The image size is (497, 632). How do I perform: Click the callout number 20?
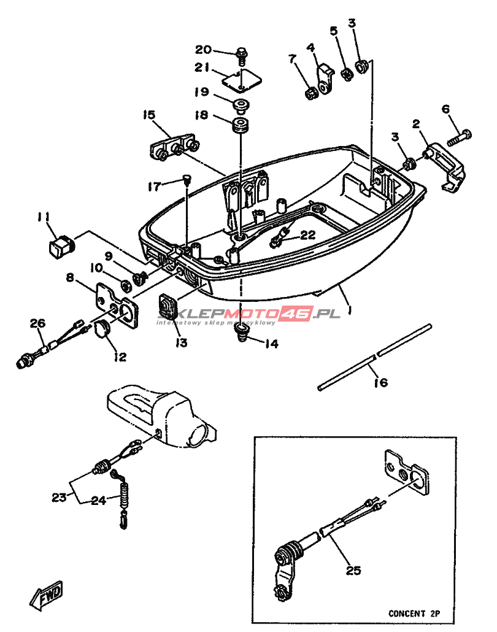(204, 50)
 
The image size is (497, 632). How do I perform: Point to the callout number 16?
(381, 382)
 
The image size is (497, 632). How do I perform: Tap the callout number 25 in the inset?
(353, 571)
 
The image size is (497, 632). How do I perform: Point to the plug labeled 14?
(241, 333)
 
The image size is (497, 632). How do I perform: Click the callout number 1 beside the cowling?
(349, 311)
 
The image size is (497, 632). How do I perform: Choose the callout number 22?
(307, 234)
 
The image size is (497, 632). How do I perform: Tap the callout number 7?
(293, 59)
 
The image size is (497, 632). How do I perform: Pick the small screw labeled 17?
(187, 179)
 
